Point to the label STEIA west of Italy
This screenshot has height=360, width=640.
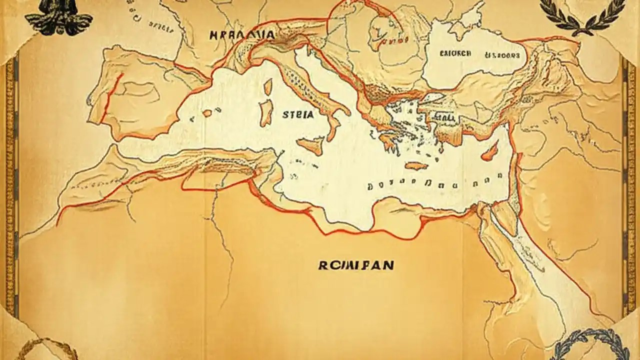[298, 114]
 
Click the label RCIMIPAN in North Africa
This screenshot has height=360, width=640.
[356, 265]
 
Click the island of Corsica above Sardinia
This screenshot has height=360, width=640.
[268, 87]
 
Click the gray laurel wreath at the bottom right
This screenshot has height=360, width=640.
[585, 345]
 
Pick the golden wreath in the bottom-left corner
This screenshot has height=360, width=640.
[40, 350]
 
